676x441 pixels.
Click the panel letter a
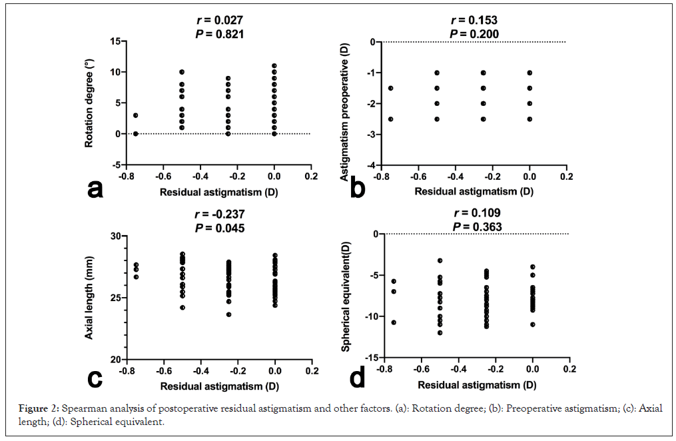pyautogui.click(x=95, y=189)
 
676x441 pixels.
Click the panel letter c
pyautogui.click(x=95, y=378)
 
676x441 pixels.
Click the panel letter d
pyautogui.click(x=357, y=378)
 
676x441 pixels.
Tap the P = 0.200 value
pyautogui.click(x=474, y=33)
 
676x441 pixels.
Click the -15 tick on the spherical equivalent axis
pyautogui.click(x=365, y=358)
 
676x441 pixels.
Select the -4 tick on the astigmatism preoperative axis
pyautogui.click(x=367, y=165)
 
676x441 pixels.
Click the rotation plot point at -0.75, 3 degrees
pyautogui.click(x=136, y=115)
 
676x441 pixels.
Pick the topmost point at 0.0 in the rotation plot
pyautogui.click(x=274, y=66)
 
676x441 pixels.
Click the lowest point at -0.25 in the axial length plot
pyautogui.click(x=228, y=314)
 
